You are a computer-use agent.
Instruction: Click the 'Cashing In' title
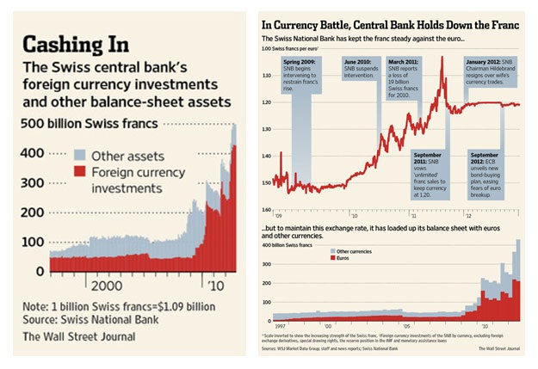(x=78, y=44)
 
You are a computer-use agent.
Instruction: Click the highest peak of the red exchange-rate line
(x=442, y=58)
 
